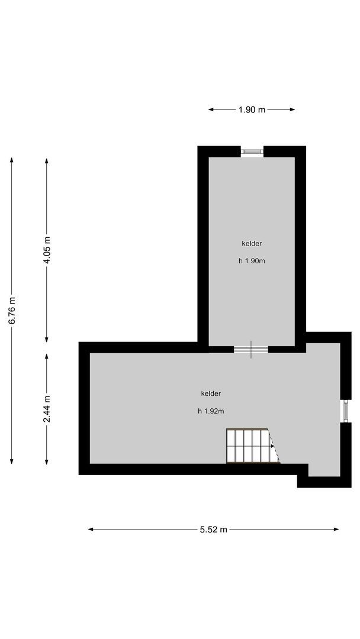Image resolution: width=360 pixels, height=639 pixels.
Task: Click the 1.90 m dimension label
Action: (x=252, y=109)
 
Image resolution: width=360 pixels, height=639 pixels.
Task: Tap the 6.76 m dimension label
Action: (x=12, y=311)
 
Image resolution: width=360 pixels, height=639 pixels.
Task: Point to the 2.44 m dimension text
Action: (x=47, y=409)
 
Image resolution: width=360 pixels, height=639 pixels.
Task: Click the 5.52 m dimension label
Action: (x=214, y=530)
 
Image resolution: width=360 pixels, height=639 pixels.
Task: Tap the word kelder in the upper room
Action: (x=252, y=243)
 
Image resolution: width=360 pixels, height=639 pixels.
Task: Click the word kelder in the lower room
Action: (x=211, y=393)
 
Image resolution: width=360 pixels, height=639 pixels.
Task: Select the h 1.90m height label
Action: (x=252, y=261)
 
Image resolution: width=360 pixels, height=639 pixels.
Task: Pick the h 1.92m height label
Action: (x=211, y=411)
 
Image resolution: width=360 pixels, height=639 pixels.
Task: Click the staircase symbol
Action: (x=247, y=446)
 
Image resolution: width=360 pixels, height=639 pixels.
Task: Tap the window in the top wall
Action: (x=252, y=152)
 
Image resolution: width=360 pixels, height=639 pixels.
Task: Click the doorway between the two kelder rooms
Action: (x=251, y=349)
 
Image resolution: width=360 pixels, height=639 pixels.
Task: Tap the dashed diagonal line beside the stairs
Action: (x=274, y=447)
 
